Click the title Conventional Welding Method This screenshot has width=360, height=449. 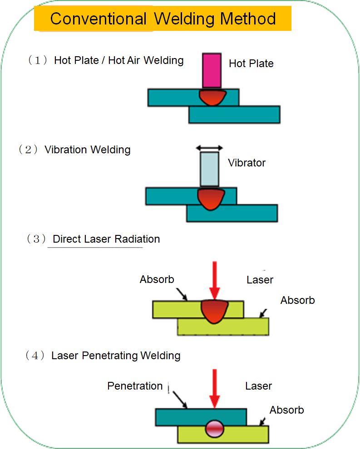(163, 19)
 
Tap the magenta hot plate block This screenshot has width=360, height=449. (212, 70)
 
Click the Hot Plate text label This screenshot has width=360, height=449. (251, 63)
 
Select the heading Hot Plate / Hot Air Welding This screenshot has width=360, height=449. (118, 60)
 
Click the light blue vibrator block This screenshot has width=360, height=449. (209, 169)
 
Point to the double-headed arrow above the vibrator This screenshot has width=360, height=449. (209, 148)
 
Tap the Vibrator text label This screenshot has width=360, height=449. (247, 163)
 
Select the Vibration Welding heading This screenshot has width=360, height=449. (87, 150)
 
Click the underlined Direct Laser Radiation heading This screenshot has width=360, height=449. (106, 239)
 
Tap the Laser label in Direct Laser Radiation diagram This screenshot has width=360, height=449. (260, 280)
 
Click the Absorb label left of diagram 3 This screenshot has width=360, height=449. (157, 279)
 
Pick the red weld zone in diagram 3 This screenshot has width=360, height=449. (214, 310)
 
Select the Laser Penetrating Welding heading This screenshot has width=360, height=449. (116, 356)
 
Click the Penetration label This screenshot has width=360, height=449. (135, 386)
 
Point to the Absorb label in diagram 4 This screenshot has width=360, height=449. (286, 410)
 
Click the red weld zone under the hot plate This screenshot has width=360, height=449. (212, 97)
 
